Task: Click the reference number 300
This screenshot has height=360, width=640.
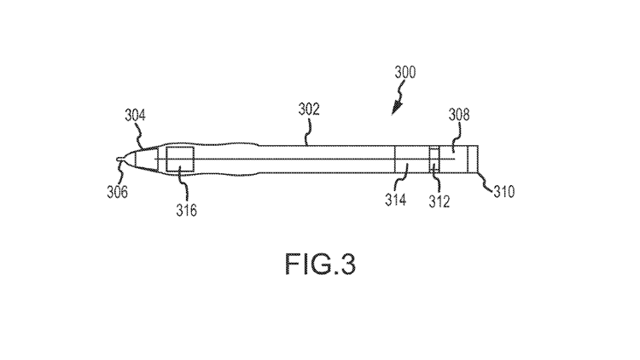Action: (x=404, y=73)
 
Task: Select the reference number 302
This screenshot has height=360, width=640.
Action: (x=309, y=109)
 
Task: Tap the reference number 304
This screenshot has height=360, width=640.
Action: (x=135, y=115)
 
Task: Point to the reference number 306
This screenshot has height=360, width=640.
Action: (x=117, y=191)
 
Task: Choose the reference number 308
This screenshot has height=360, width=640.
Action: (x=459, y=114)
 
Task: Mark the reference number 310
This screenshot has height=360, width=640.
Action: (x=504, y=191)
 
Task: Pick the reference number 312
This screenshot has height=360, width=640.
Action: (x=439, y=201)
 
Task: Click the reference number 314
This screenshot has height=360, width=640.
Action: (x=395, y=200)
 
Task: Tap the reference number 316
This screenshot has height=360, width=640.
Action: (x=186, y=210)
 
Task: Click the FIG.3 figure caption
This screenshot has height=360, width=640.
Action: (x=320, y=264)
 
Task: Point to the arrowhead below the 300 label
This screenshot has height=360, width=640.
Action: (x=396, y=108)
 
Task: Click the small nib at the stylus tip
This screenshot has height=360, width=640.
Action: (x=120, y=160)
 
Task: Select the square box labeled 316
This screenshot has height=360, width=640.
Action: (x=180, y=160)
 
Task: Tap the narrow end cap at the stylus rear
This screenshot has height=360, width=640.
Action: (x=473, y=160)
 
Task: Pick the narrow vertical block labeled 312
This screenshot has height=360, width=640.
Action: (x=434, y=160)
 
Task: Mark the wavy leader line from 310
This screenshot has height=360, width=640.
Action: (x=486, y=182)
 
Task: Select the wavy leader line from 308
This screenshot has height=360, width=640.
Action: (x=457, y=137)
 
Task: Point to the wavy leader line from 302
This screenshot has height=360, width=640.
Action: (x=307, y=131)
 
